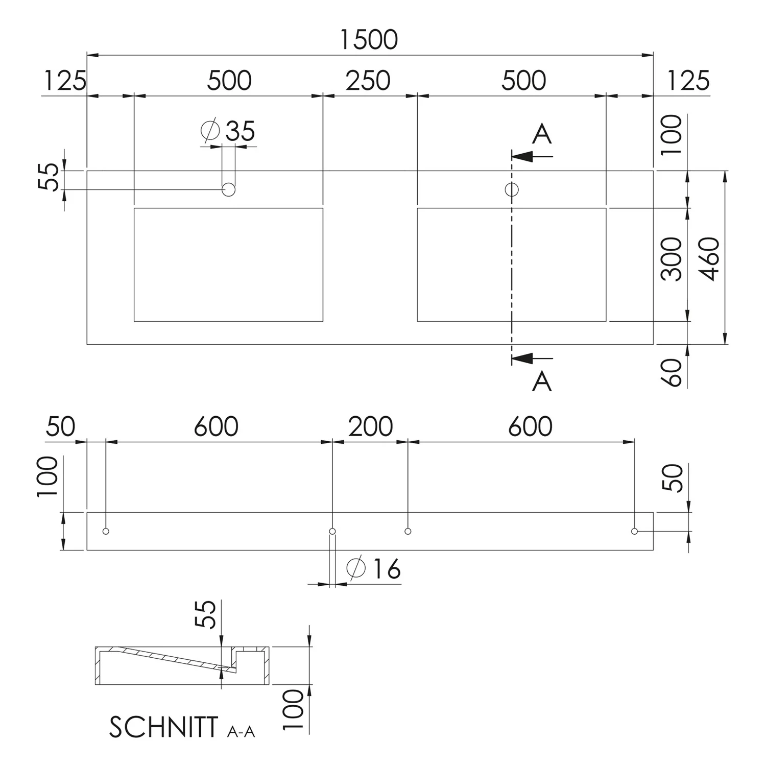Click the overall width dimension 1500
tap(369, 40)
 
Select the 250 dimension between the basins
tap(368, 81)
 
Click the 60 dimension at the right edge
tap(672, 372)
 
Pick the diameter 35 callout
tap(228, 131)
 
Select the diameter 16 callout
tap(374, 568)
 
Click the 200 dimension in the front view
tap(371, 426)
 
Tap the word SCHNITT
tap(163, 727)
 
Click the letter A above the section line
tap(542, 134)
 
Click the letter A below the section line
tap(542, 381)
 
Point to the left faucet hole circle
tap(229, 189)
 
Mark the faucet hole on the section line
tap(512, 189)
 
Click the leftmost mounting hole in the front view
tap(106, 531)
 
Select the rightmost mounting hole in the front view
tap(634, 531)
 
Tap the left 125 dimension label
tap(65, 81)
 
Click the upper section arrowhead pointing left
tap(522, 156)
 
